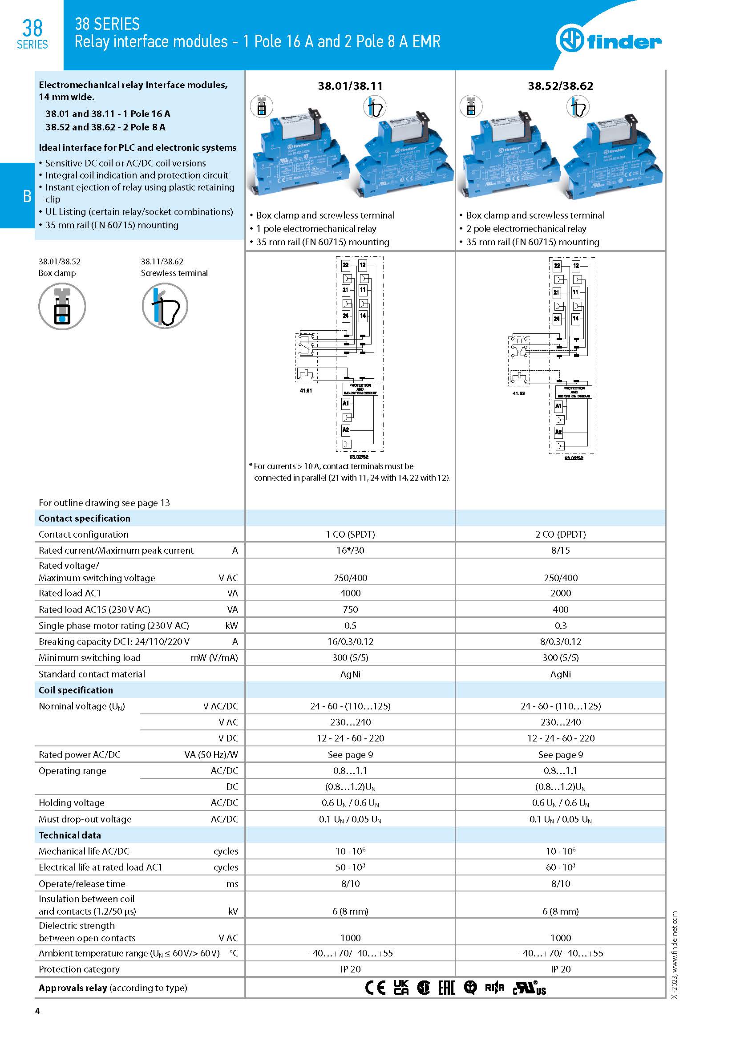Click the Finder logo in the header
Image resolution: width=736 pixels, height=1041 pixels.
pyautogui.click(x=608, y=41)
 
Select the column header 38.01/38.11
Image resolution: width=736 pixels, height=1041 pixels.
pyautogui.click(x=350, y=86)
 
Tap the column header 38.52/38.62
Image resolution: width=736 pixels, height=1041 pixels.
pyautogui.click(x=560, y=86)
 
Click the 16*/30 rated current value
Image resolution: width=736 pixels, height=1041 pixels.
pyautogui.click(x=350, y=551)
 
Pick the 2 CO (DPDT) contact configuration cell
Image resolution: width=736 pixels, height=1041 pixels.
pyautogui.click(x=560, y=534)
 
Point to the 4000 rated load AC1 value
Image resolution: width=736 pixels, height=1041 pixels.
pyautogui.click(x=350, y=593)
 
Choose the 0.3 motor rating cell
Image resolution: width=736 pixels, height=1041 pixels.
pyautogui.click(x=560, y=626)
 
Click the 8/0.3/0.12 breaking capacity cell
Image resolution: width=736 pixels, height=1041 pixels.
pyautogui.click(x=560, y=642)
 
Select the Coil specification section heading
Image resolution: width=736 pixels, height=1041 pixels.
pyautogui.click(x=76, y=690)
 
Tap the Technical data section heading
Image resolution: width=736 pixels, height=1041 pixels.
pyautogui.click(x=70, y=835)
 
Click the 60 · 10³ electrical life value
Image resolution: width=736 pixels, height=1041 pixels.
pyautogui.click(x=560, y=867)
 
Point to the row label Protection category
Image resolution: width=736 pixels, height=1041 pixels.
pyautogui.click(x=79, y=969)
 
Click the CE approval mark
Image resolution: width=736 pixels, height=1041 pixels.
pyautogui.click(x=375, y=988)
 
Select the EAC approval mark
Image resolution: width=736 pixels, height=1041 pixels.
pyautogui.click(x=446, y=988)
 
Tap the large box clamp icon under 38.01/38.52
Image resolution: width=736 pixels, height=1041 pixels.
pyautogui.click(x=62, y=306)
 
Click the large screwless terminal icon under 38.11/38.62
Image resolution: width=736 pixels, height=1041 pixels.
pyautogui.click(x=165, y=306)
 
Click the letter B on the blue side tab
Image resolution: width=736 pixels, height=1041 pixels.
pyautogui.click(x=27, y=196)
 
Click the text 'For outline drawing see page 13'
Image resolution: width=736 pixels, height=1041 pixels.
pyautogui.click(x=104, y=502)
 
